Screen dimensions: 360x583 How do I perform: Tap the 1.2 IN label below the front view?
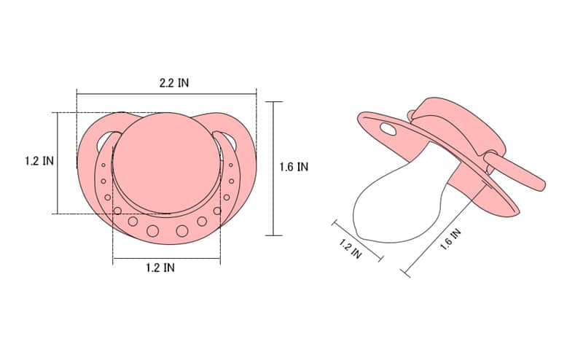point(159,267)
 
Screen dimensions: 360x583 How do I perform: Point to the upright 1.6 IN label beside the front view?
point(294,167)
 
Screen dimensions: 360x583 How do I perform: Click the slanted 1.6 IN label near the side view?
point(450,240)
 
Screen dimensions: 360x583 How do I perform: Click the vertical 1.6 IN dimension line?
point(273,168)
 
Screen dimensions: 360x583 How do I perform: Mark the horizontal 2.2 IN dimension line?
point(166,93)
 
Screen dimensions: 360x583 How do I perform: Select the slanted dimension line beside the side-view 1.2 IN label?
point(357,238)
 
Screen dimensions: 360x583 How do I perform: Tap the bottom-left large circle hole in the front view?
point(152,231)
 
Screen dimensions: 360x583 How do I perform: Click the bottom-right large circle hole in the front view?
point(181,231)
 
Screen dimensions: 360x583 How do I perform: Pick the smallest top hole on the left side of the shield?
point(103,166)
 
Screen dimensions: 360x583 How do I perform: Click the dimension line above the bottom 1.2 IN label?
point(166,258)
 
